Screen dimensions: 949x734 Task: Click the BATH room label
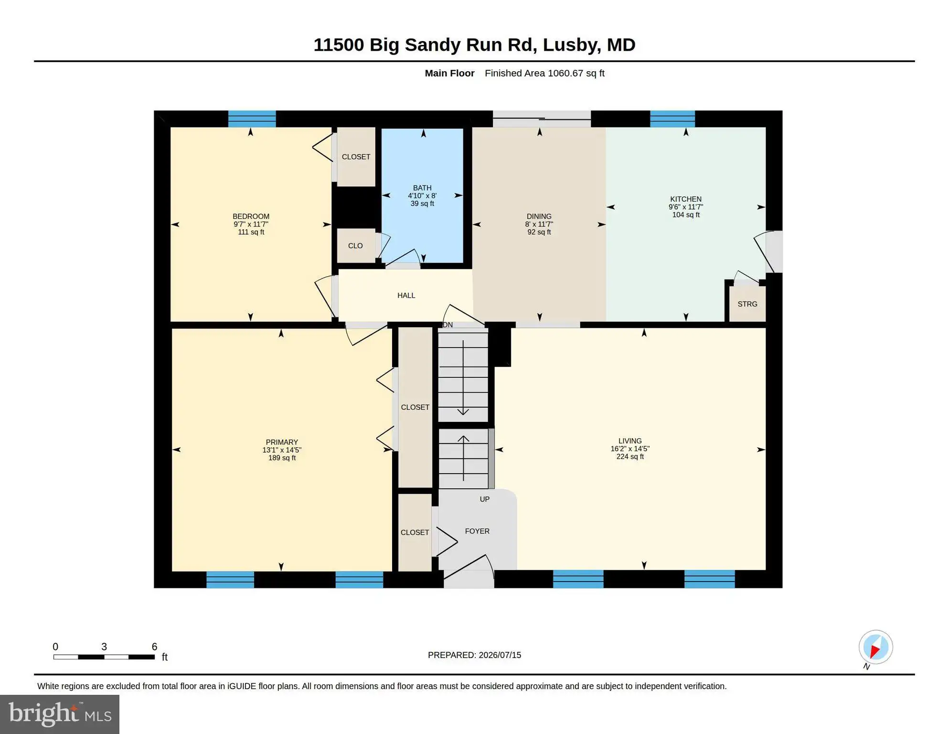coord(422,188)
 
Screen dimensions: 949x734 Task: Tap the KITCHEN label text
coord(686,199)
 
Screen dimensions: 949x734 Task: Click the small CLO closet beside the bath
coord(356,246)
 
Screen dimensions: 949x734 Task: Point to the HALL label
coord(406,295)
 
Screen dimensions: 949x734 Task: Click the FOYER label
coord(477,531)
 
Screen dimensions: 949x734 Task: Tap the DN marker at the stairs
coord(448,325)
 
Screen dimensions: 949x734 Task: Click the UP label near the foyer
coord(485,499)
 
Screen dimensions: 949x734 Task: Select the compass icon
coord(875,648)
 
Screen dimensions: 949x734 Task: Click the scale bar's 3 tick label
coord(104,647)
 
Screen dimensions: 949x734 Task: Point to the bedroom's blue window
coord(252,119)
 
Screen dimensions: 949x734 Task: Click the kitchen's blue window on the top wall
coord(672,119)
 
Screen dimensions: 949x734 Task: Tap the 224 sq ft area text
coord(630,457)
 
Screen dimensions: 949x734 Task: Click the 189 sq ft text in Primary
coord(282,458)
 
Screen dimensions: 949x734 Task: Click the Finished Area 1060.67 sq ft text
coord(544,73)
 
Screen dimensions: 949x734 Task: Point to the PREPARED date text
coord(474,655)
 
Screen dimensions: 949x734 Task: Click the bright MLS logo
coord(60,714)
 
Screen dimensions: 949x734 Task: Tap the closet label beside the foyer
coord(415,532)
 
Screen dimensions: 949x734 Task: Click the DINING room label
coord(539,216)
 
